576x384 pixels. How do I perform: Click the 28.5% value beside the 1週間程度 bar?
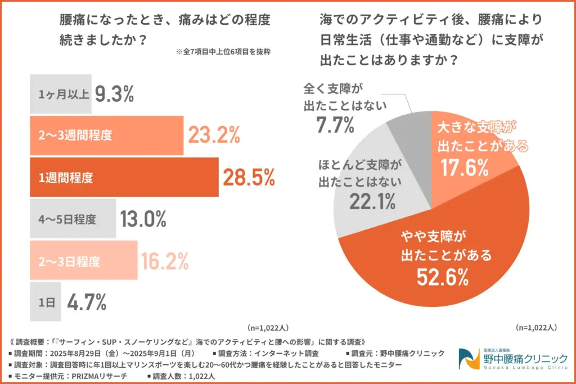click(249, 178)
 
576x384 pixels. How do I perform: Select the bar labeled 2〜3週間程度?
click(106, 135)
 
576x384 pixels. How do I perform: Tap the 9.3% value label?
click(114, 94)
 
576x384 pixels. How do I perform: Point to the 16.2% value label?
click(164, 261)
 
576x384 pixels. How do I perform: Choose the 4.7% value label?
click(87, 302)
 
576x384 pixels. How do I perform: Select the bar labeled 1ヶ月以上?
click(60, 94)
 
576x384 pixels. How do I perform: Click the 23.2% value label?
click(214, 135)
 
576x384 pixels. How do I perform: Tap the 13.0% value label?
click(143, 219)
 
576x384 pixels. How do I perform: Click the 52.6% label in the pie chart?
click(443, 277)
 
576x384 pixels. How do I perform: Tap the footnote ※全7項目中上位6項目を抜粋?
click(223, 52)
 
